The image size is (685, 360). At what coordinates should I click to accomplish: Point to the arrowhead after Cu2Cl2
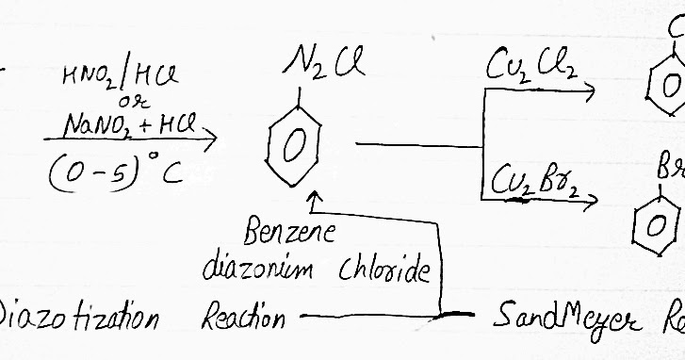pyautogui.click(x=589, y=92)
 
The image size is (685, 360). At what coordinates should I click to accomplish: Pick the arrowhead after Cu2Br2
pyautogui.click(x=592, y=200)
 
